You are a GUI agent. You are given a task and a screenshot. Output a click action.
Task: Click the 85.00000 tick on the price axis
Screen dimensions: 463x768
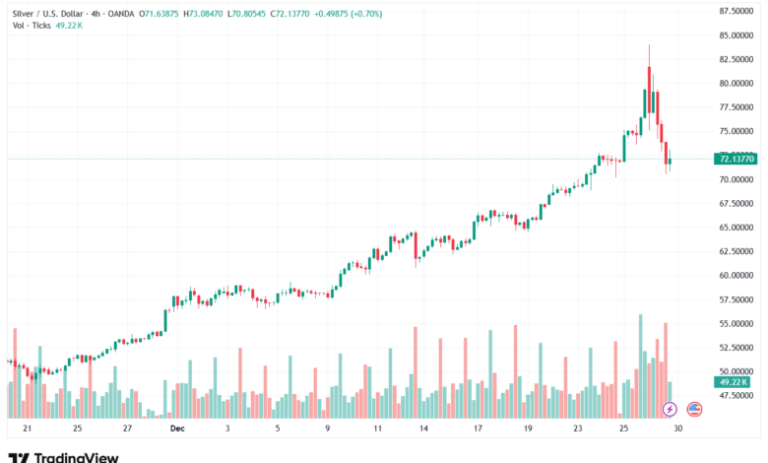736,34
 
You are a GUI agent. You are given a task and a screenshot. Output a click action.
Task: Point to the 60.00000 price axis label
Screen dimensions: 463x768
736,275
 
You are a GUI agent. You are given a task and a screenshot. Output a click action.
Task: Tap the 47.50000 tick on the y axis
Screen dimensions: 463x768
736,395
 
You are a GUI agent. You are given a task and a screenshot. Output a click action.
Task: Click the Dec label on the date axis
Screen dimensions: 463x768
177,429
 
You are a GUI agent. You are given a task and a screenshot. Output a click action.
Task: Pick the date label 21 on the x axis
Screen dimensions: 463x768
27,429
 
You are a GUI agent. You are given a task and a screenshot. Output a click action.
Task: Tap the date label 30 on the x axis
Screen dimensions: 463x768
677,429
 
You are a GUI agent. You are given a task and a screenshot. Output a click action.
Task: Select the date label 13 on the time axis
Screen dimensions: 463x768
422,429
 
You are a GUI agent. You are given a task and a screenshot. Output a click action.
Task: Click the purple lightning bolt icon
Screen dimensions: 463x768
670,409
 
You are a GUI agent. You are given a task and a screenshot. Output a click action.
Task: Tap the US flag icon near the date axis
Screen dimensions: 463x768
694,409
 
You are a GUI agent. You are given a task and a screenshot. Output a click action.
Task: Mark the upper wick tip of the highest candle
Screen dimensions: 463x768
649,44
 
